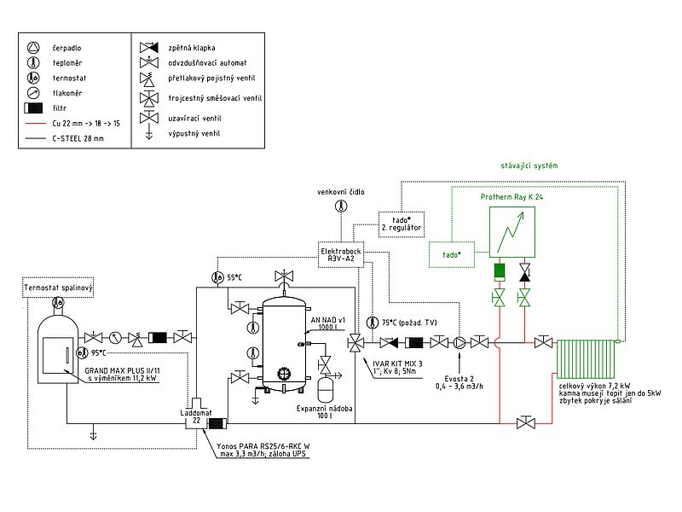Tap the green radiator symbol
point(585,358)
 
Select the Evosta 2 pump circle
point(460,343)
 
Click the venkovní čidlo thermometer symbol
point(340,207)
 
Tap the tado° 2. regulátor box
point(400,224)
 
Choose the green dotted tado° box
point(452,253)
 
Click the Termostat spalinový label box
point(58,289)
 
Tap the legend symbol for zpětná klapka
point(148,47)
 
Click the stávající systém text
point(529,164)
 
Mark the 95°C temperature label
point(96,352)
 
